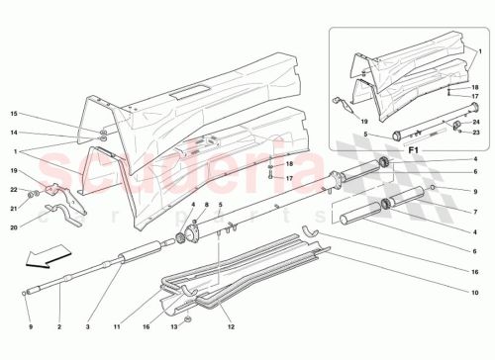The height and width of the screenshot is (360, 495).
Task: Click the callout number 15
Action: (14, 116)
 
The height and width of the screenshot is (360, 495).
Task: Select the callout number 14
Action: (14, 132)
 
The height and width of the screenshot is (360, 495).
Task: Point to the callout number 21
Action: (15, 208)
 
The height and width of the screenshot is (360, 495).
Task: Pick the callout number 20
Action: (15, 226)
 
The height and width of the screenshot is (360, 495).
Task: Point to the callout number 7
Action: (475, 211)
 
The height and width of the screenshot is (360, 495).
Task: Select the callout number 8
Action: (206, 205)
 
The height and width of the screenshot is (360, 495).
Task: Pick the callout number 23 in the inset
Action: (476, 132)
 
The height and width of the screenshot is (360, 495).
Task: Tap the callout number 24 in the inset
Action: (476, 121)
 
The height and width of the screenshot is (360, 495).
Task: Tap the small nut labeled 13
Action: (188, 319)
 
